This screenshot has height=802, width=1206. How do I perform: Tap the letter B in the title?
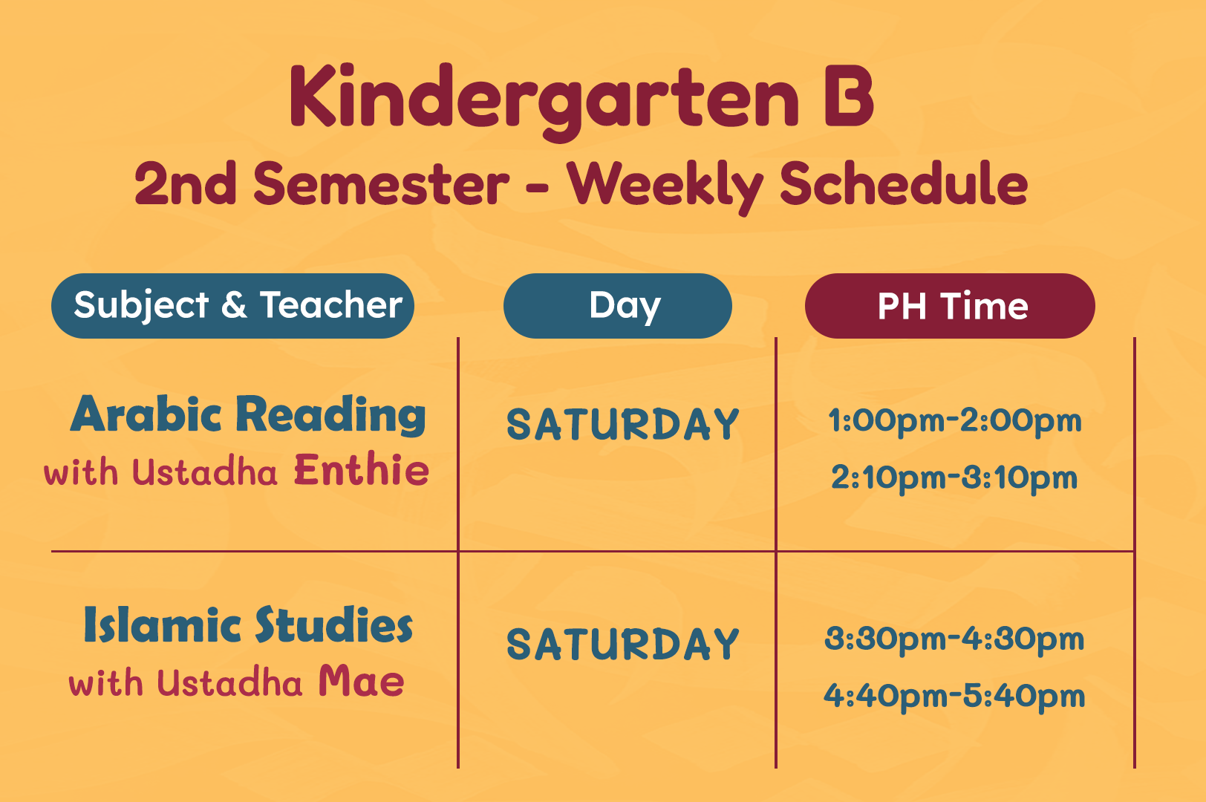point(849,96)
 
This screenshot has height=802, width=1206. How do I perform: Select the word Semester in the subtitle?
point(381,184)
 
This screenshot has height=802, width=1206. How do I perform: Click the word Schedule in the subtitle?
point(904,184)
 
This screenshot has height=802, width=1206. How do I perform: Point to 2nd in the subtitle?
point(185,184)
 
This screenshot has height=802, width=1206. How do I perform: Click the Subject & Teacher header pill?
point(232,306)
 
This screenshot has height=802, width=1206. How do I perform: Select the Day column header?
point(618,306)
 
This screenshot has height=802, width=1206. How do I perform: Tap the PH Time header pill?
point(950,306)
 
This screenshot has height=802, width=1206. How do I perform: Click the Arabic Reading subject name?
point(248,414)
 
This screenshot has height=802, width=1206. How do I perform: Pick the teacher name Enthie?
point(362,471)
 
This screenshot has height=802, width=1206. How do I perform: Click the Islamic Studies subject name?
point(248,625)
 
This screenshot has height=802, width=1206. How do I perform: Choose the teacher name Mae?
point(361,681)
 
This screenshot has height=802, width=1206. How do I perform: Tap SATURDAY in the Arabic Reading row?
point(623,424)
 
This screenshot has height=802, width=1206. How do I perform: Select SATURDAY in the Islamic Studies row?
point(623,644)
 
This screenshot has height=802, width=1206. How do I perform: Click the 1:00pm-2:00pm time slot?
point(954,421)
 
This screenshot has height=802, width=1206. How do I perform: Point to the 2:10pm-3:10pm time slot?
point(954,478)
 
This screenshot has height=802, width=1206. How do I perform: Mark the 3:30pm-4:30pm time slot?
point(954,639)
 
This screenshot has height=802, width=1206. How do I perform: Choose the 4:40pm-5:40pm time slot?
point(954,696)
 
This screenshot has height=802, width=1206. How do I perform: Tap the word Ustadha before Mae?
point(229,682)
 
